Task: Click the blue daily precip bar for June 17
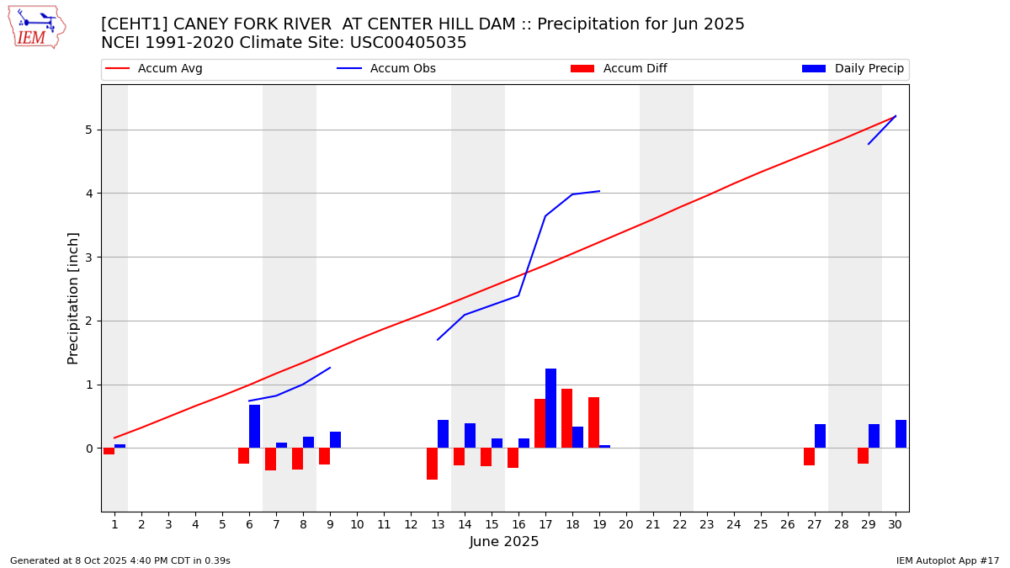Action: pos(550,408)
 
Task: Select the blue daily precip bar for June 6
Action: pos(254,427)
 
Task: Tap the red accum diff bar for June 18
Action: pos(566,418)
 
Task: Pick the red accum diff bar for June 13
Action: pos(432,464)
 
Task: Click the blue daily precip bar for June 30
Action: pos(901,434)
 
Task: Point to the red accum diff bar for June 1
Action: pos(109,451)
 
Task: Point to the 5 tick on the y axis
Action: pos(88,130)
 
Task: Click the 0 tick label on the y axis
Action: pos(88,449)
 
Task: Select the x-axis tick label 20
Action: pos(626,524)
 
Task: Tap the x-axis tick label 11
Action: pos(384,524)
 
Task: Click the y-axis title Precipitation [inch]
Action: pos(73,298)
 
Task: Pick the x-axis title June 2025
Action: pos(504,542)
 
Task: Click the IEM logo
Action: pos(36,27)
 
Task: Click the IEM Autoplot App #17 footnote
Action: pos(948,560)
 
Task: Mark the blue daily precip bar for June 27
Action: pos(820,436)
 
